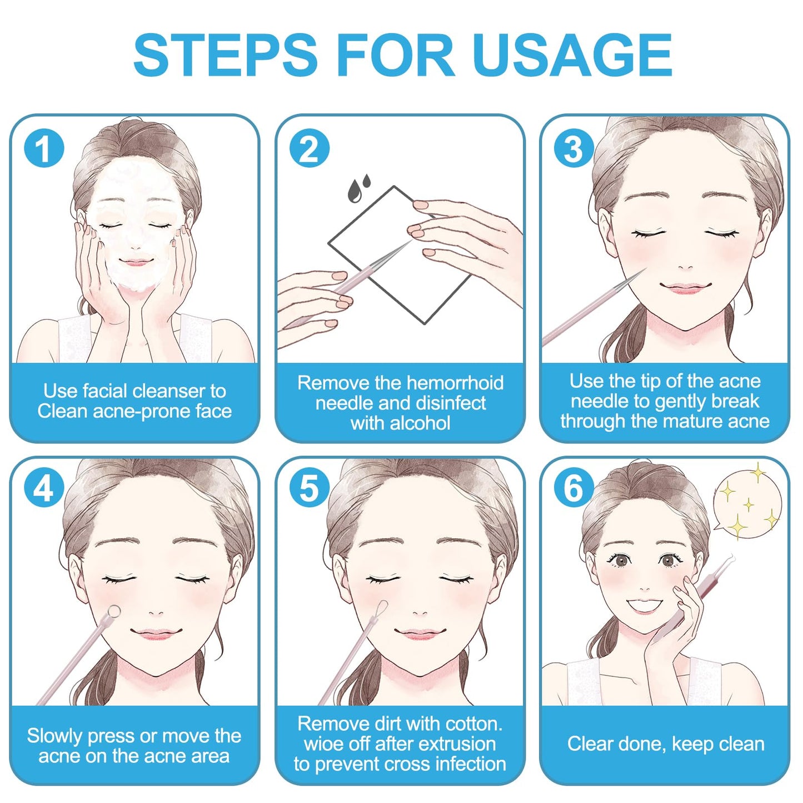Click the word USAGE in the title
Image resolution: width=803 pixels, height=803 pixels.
[572, 55]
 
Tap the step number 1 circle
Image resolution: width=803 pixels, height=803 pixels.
[44, 148]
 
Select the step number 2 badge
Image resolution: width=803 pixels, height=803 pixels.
[309, 148]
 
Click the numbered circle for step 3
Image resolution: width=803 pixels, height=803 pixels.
[574, 148]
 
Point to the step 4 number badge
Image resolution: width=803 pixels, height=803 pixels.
[44, 488]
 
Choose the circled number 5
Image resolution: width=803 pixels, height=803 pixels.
[309, 488]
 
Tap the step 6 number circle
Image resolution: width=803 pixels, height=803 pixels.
[574, 488]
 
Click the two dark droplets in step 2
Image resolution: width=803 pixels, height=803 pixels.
[359, 188]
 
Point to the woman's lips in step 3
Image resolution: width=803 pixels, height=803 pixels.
[686, 287]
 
